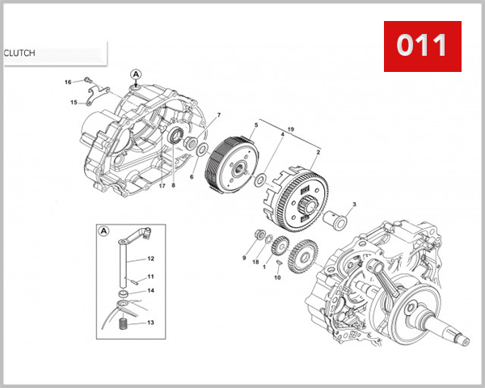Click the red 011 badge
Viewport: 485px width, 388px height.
point(421,47)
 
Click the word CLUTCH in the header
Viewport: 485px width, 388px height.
point(19,53)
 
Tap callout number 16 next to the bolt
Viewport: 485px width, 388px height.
point(69,82)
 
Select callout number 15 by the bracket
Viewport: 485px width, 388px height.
point(73,103)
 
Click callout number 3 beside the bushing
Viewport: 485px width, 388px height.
point(354,205)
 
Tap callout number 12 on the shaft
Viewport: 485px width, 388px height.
point(150,259)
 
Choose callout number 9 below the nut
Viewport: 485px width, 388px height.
point(242,258)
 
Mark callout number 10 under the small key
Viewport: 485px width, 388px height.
point(278,278)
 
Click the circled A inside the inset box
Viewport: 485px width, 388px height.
point(104,230)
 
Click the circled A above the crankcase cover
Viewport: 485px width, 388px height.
point(136,74)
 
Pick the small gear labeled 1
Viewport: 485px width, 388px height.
point(279,244)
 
